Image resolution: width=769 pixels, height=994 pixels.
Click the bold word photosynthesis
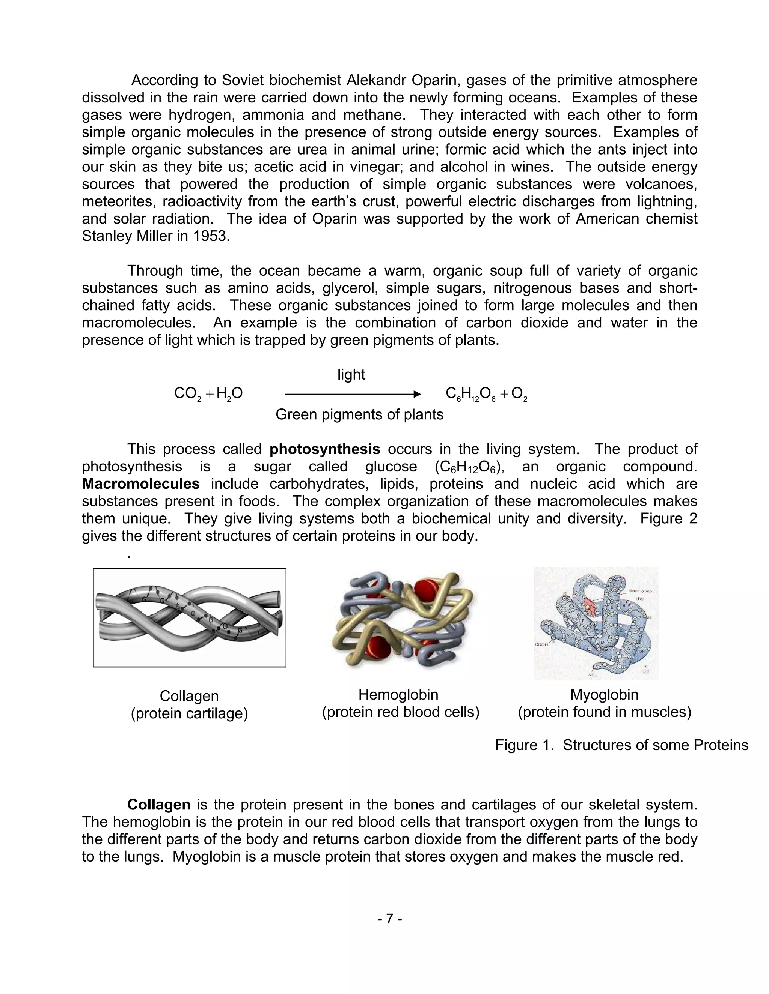click(324, 449)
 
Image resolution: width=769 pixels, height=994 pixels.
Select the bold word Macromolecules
click(140, 484)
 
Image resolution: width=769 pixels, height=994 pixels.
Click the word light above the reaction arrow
click(351, 375)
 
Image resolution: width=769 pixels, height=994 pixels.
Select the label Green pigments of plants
click(359, 414)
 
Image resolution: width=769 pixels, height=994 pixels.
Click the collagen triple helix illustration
click(189, 618)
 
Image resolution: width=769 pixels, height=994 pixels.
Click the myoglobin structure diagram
click(596, 623)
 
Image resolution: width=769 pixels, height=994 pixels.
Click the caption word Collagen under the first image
click(189, 696)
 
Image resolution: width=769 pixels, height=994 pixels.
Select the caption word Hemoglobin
click(398, 695)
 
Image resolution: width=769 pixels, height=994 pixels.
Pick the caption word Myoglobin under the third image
click(604, 695)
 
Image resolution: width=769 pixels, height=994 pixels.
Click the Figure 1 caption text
click(621, 745)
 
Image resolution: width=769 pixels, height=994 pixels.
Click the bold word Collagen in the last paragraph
click(158, 805)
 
